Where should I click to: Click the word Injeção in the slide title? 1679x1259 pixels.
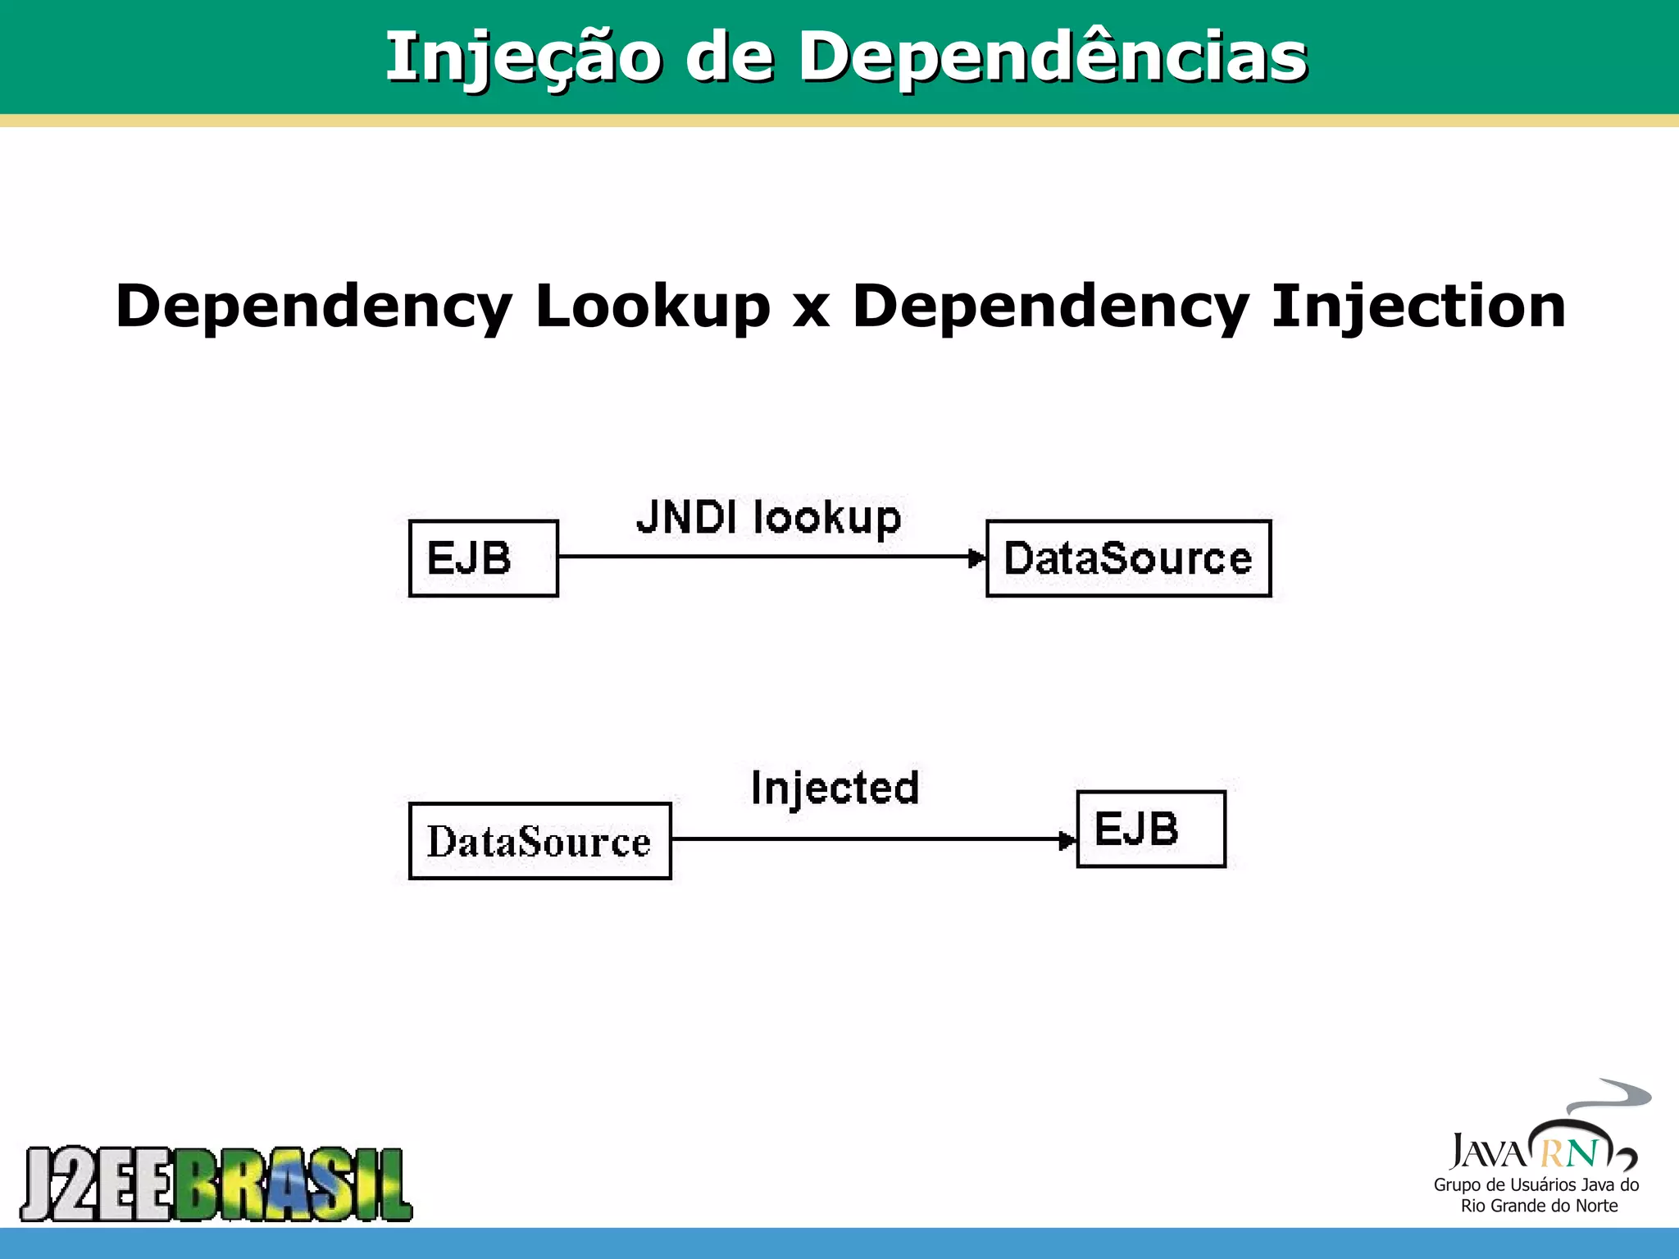pos(523,57)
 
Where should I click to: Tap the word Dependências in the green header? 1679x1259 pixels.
pos(1053,57)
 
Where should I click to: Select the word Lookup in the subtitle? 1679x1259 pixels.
pos(653,307)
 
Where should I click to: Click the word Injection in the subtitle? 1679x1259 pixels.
pos(1417,307)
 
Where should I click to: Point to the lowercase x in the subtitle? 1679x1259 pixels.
pos(811,310)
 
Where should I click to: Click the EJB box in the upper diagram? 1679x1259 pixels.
pos(484,558)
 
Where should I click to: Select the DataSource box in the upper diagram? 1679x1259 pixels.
pos(1128,558)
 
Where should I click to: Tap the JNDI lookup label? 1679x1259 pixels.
pos(769,518)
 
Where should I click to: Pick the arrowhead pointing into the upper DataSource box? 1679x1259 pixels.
pos(976,557)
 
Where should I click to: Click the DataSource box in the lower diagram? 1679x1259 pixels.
pos(539,841)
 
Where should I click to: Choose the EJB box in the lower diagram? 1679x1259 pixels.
pos(1150,829)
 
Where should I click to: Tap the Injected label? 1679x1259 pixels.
pos(835,789)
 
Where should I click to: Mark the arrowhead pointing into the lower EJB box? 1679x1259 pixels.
pos(1067,840)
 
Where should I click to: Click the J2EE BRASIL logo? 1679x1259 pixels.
pos(216,1184)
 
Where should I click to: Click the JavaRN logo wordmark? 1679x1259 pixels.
pos(1525,1152)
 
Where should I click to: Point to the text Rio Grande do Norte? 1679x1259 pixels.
pos(1539,1206)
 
